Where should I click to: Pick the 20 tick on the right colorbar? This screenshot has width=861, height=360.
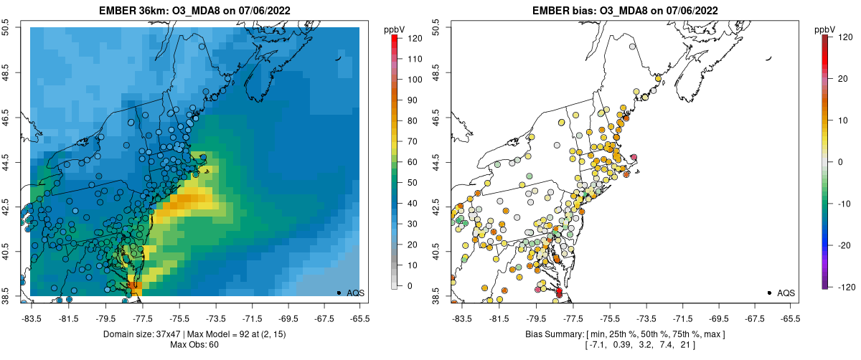840,79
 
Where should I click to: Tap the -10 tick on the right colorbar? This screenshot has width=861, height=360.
842,203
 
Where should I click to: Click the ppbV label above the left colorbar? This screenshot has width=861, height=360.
394,29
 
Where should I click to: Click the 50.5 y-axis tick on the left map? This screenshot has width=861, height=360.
7,27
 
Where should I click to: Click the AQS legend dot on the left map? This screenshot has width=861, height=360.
339,293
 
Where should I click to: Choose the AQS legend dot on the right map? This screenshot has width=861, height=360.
769,293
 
